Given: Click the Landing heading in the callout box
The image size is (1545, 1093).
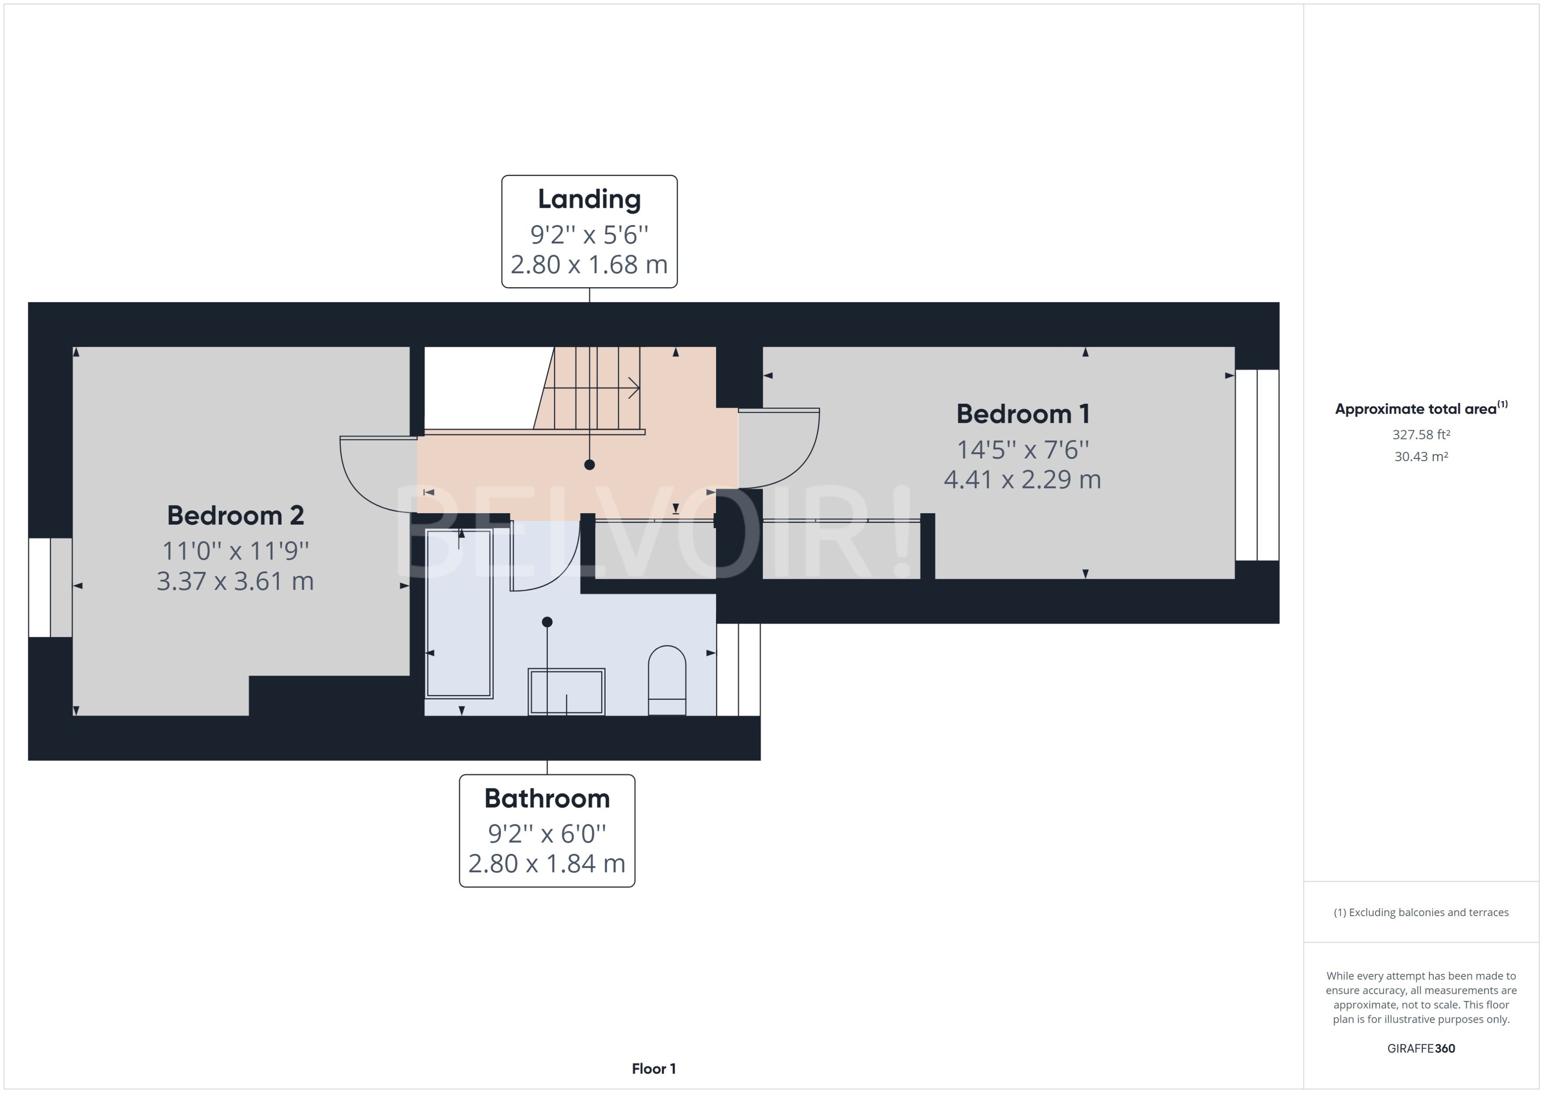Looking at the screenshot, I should (x=589, y=199).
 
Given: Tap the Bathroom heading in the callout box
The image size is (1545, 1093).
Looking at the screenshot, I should (x=546, y=799).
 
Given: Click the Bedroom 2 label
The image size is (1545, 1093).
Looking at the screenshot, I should (x=236, y=515).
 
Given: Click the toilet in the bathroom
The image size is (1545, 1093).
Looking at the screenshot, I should (x=667, y=680).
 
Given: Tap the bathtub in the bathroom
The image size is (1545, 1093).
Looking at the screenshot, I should (x=459, y=612).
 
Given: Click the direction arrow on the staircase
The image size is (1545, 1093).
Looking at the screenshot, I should (x=633, y=388).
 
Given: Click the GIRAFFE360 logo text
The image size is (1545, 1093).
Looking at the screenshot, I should (x=1421, y=1048).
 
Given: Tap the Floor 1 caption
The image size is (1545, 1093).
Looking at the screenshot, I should (x=653, y=1069).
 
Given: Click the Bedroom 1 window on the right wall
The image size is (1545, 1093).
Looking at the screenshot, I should (x=1257, y=464).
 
